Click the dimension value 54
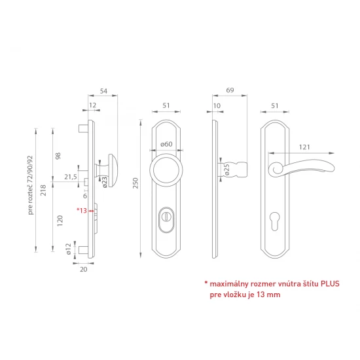tap(103, 91)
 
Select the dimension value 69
tap(230, 90)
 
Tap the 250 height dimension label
tap(135, 183)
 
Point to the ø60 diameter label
tap(166, 144)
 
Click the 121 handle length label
tap(304, 147)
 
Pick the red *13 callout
tap(82, 210)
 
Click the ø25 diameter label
tap(226, 170)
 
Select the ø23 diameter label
tap(105, 182)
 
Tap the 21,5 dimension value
tap(71, 177)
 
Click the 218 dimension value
tap(43, 190)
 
